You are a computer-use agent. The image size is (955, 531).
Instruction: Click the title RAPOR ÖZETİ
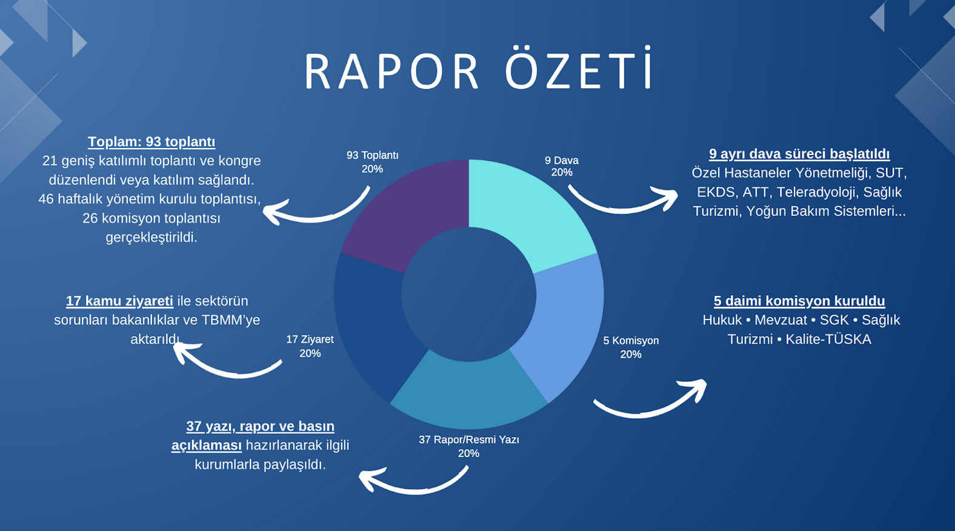pos(478,68)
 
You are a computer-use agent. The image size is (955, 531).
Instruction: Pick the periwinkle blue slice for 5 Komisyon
pos(563,324)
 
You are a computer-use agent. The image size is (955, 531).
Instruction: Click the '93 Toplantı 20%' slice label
pos(372,162)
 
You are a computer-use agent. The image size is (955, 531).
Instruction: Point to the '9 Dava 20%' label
pos(562,166)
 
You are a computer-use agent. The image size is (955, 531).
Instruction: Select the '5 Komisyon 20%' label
pos(631,347)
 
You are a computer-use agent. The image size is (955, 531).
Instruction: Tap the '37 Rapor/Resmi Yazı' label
pos(469,439)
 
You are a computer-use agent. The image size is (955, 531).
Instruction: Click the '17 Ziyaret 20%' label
pos(310,346)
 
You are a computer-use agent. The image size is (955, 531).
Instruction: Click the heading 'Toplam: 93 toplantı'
pos(151,142)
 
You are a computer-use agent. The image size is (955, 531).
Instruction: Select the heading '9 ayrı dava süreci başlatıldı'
pos(799,153)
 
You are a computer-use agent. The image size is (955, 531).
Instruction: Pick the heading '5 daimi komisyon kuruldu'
pos(799,301)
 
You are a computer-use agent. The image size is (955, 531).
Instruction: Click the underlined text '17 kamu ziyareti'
pos(119,301)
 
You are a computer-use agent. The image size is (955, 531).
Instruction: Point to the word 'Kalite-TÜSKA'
pos(828,339)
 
